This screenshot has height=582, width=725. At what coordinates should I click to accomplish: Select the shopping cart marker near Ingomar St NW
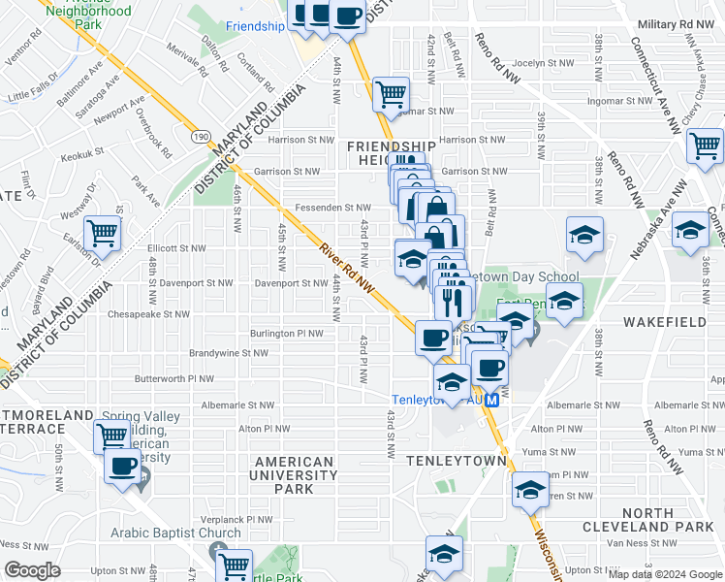tap(391, 94)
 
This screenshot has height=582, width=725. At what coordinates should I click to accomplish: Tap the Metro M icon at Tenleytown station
tap(492, 400)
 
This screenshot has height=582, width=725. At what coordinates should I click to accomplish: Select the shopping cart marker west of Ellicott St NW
tap(103, 233)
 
